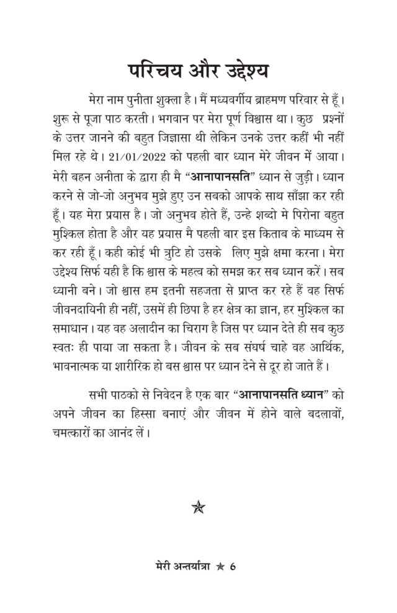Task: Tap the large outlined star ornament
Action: pos(198,507)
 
